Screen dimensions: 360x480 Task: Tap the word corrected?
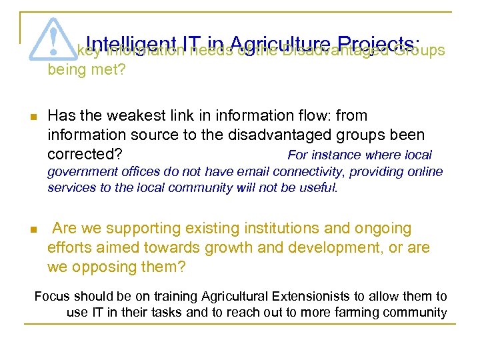[85, 154]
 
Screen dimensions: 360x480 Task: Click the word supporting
[143, 229]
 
